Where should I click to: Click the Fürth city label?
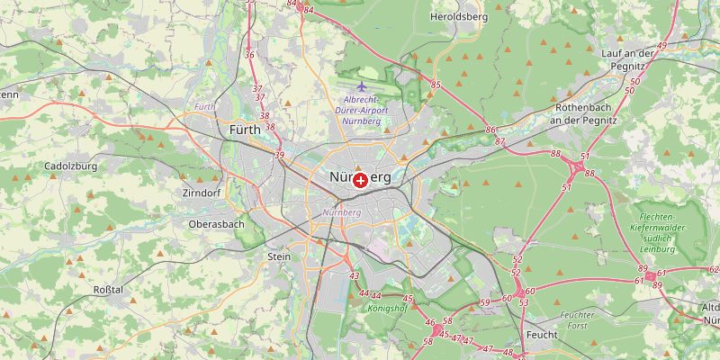245,130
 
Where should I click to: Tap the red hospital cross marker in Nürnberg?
360,180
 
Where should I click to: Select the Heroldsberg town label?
458,17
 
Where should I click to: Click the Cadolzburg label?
71,166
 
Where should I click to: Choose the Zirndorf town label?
201,193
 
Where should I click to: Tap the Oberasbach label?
216,224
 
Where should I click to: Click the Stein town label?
279,256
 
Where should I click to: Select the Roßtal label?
108,289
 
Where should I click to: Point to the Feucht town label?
543,335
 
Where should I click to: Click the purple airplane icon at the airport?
361,86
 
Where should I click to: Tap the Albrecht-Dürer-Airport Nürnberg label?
364,110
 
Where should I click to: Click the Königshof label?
387,309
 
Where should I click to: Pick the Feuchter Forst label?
577,321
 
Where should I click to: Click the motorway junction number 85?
436,85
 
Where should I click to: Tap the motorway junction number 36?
249,56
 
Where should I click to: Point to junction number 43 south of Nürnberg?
355,276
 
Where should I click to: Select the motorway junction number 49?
661,45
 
